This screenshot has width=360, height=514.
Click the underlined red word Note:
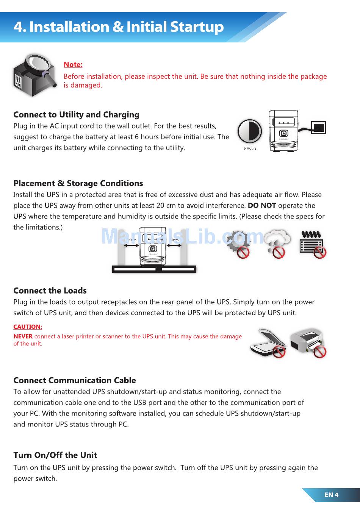73,65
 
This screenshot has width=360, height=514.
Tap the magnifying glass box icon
34,75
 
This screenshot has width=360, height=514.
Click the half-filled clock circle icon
250,131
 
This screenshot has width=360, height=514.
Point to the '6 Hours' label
250,148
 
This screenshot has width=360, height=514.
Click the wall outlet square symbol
318,128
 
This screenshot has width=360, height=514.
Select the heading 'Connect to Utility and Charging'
76,115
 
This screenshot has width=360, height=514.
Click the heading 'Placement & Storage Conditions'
78,183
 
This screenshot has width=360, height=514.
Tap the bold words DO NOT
261,206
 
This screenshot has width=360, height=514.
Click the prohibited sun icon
238,244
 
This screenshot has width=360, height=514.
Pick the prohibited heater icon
312,244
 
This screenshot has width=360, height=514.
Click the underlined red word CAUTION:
28,327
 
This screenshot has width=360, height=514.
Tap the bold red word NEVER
23,336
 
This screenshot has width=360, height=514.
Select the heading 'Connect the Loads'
50,291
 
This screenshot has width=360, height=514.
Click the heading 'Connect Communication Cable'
75,381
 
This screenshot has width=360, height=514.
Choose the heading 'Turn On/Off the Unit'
55,455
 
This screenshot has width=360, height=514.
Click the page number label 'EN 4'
331,495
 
